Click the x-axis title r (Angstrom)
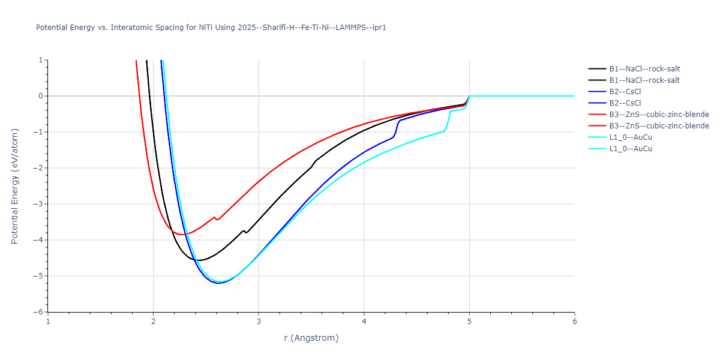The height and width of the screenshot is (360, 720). (x=311, y=338)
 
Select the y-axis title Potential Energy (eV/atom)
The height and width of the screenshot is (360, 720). (x=16, y=186)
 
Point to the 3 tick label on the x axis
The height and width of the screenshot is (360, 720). (x=259, y=322)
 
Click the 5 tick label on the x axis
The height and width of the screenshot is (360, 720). (x=469, y=322)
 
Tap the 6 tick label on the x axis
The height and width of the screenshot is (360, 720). (x=574, y=322)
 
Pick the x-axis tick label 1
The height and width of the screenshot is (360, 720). (x=48, y=322)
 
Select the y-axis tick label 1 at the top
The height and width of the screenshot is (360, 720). (x=41, y=60)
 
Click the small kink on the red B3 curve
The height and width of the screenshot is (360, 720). (x=215, y=218)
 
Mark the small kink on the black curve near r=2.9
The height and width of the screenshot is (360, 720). (x=245, y=232)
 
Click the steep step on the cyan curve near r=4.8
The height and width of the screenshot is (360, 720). (x=448, y=120)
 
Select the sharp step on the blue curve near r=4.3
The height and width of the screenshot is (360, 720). (x=396, y=128)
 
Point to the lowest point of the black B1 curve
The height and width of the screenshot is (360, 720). (x=199, y=260)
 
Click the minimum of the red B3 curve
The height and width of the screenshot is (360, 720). (x=181, y=234)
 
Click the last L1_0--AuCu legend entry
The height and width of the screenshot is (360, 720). (x=630, y=149)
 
